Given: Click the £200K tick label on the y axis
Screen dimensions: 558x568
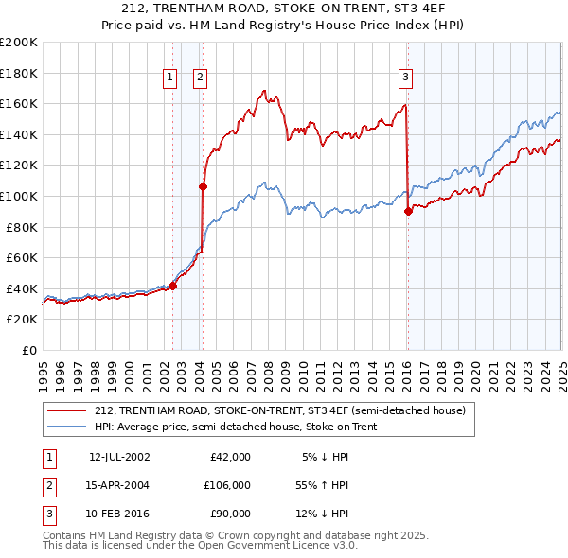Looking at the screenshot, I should (19, 43).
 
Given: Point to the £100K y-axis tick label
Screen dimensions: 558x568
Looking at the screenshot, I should (19, 196).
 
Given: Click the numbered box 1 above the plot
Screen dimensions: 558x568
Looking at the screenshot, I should (170, 78).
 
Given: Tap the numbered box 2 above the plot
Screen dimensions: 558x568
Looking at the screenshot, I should (201, 78).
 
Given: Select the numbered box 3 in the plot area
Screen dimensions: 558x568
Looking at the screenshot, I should (405, 78).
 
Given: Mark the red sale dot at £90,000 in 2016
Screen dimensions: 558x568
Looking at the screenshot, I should (408, 211).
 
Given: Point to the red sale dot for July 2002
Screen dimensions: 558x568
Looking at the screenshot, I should (172, 286).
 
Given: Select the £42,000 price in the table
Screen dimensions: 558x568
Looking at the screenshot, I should (231, 457).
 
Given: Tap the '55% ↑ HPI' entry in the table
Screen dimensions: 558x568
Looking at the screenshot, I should (323, 485).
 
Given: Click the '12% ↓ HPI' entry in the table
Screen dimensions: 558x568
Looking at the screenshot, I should (323, 514).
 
